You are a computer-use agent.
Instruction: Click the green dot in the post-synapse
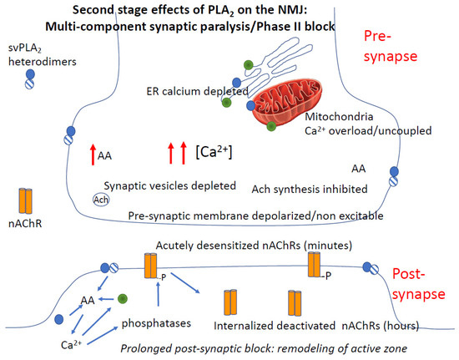(x=123, y=297)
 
